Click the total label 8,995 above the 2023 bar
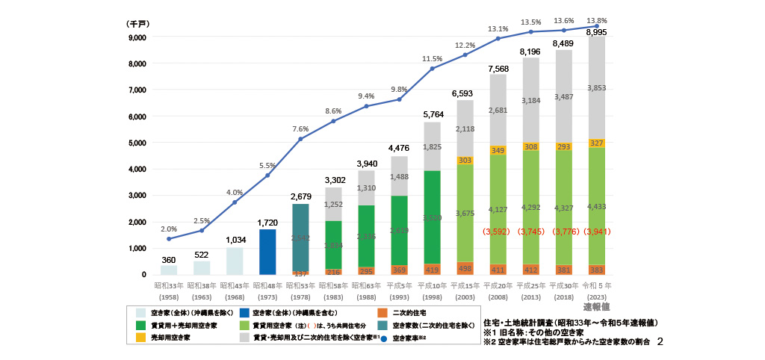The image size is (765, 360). pyautogui.click(x=596, y=33)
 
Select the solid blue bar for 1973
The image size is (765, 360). pyautogui.click(x=267, y=252)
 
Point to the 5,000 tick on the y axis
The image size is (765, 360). pyautogui.click(x=137, y=143)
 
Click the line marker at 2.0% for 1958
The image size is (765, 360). pyautogui.click(x=169, y=239)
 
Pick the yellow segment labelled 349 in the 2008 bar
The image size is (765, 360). pyautogui.click(x=498, y=151)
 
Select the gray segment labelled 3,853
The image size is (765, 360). pyautogui.click(x=596, y=88)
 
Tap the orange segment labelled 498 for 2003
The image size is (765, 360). pyautogui.click(x=465, y=268)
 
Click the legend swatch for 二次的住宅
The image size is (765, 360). pyautogui.click(x=382, y=312)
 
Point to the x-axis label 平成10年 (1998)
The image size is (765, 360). pyautogui.click(x=432, y=291)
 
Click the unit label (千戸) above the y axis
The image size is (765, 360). pyautogui.click(x=137, y=24)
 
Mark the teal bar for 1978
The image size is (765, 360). pyautogui.click(x=300, y=238)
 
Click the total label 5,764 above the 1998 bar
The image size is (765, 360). pyautogui.click(x=432, y=115)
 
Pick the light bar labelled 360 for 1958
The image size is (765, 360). pyautogui.click(x=169, y=270)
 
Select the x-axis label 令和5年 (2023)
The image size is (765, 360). pyautogui.click(x=597, y=291)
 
